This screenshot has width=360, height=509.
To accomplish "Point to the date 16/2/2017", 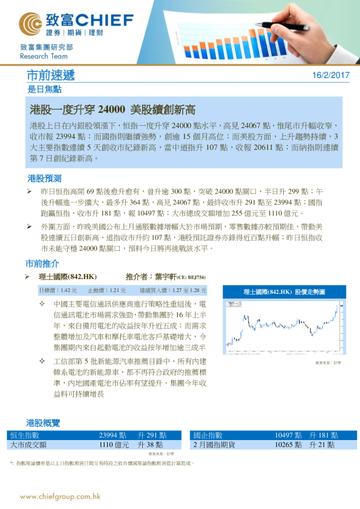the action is (x=332, y=76).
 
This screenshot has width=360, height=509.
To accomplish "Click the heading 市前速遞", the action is (x=51, y=76).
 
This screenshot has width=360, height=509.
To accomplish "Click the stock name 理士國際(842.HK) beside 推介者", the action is (x=64, y=277).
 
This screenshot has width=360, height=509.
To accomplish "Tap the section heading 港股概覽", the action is (x=43, y=423).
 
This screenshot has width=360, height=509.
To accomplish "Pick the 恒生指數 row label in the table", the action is (x=25, y=435).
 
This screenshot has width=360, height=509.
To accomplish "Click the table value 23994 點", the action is (x=113, y=435).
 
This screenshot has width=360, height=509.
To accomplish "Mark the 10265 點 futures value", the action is (x=288, y=444).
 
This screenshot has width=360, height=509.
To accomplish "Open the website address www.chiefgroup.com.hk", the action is (x=60, y=496).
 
